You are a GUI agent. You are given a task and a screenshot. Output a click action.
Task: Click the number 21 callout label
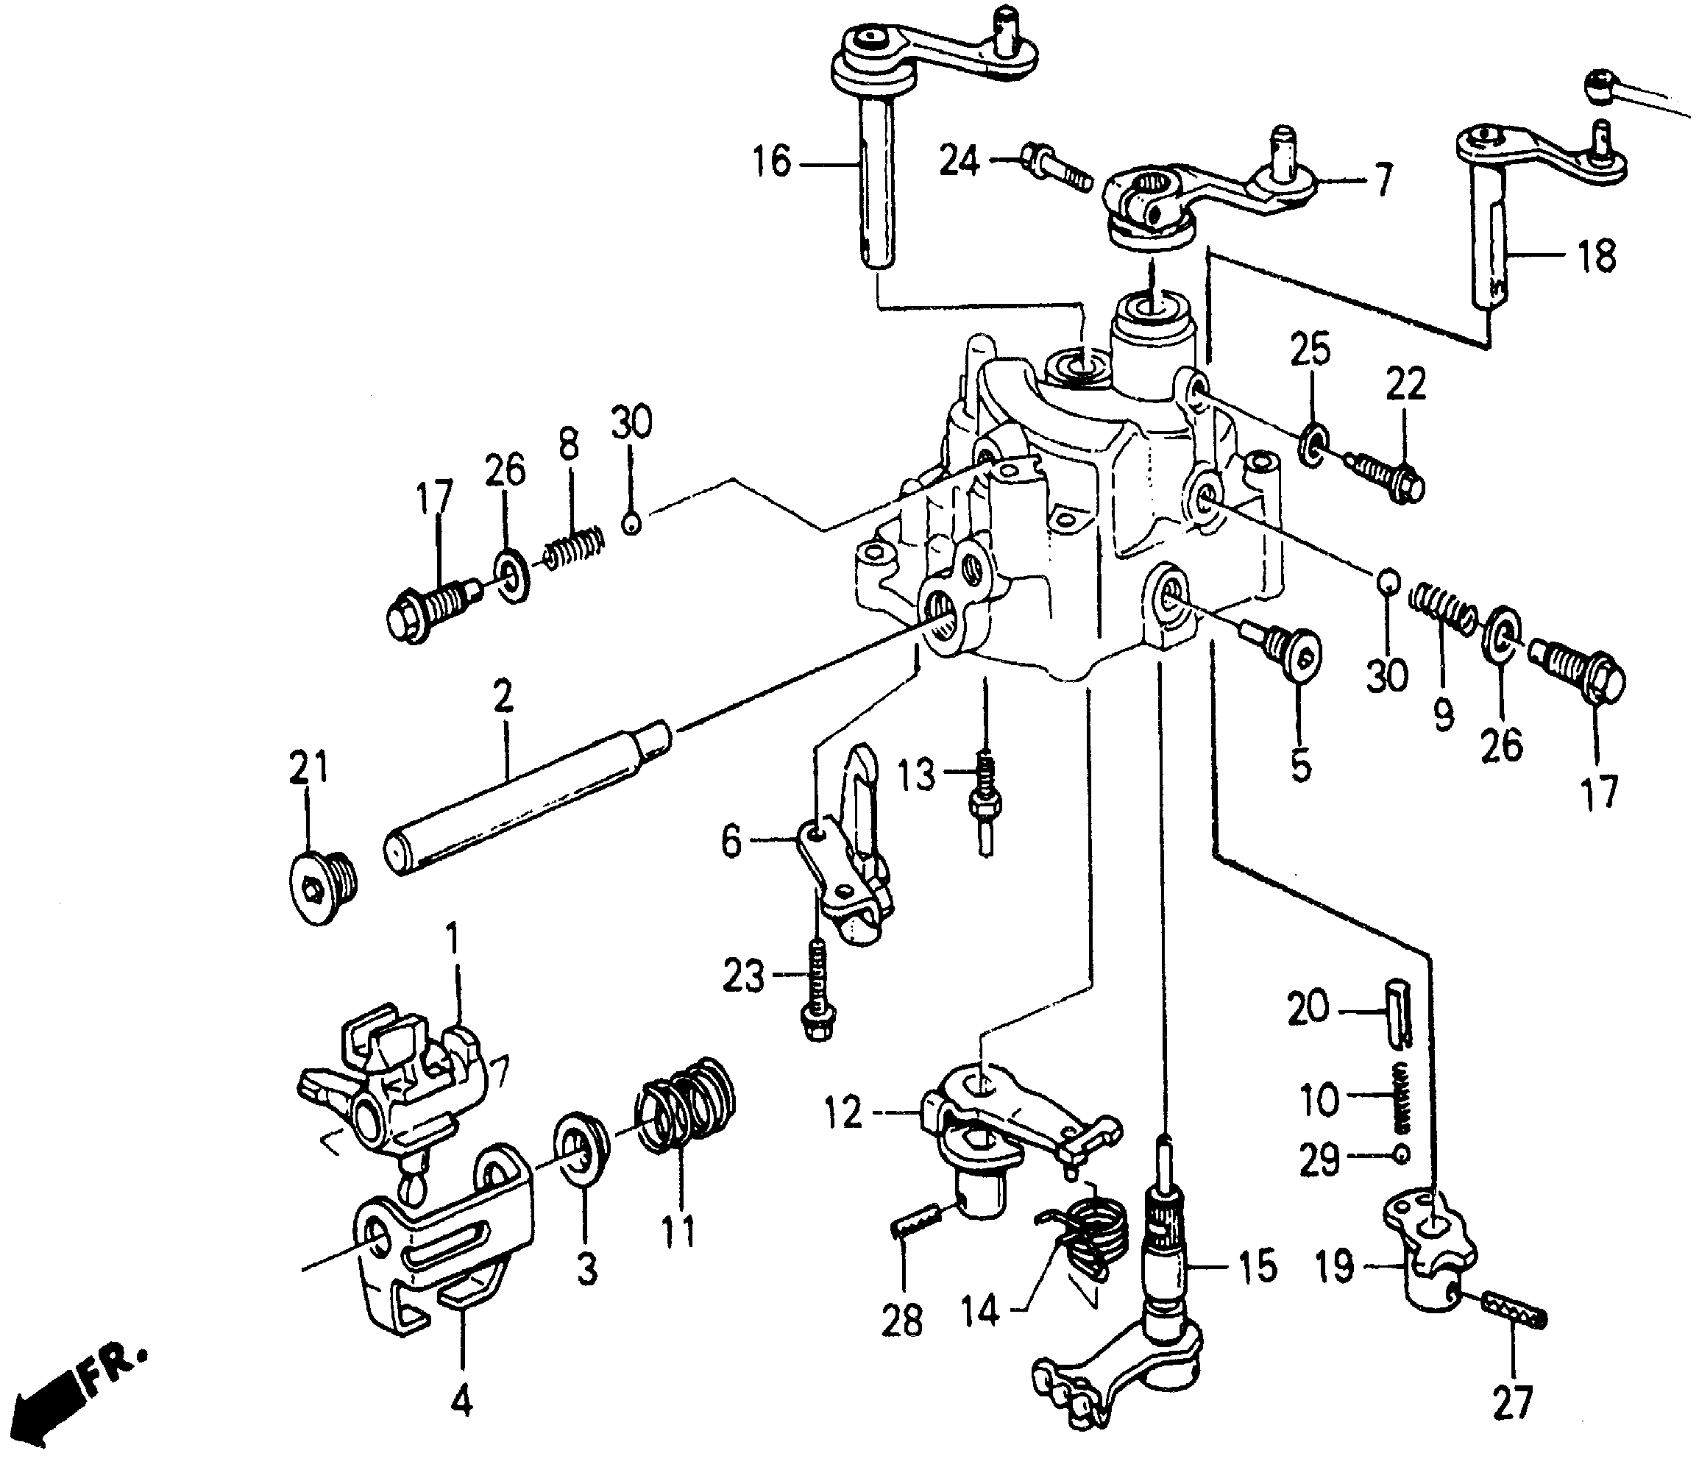(308, 768)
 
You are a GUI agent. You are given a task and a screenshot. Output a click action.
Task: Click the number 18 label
(1596, 257)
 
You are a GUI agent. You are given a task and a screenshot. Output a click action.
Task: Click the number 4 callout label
(461, 1404)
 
